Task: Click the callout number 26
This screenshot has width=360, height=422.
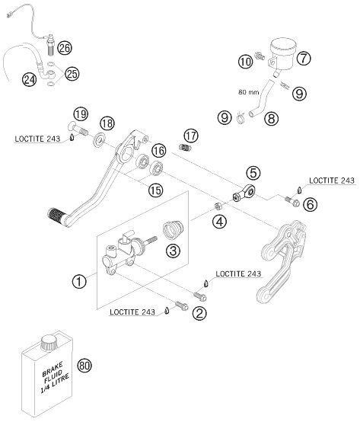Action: click(65, 49)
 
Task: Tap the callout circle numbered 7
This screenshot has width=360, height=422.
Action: click(304, 58)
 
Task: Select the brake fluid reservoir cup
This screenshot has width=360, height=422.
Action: click(282, 54)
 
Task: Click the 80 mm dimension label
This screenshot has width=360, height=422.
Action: click(249, 92)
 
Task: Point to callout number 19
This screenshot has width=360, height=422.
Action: click(81, 114)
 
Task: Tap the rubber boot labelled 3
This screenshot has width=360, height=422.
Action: click(173, 230)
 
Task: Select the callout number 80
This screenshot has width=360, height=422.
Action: click(84, 366)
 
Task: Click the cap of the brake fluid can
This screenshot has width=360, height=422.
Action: click(49, 342)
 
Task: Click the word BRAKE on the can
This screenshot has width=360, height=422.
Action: click(53, 369)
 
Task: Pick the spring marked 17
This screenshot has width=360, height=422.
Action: click(185, 147)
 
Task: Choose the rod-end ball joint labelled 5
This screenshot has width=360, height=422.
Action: click(244, 193)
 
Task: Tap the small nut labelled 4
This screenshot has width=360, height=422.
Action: click(218, 206)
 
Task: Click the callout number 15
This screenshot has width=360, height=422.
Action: click(156, 190)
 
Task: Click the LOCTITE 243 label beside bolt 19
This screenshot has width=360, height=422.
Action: click(37, 139)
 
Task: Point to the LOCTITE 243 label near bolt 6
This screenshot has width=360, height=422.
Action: click(332, 181)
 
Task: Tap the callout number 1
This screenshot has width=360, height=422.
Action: click(79, 282)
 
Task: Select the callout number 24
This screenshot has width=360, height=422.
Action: click(30, 80)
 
